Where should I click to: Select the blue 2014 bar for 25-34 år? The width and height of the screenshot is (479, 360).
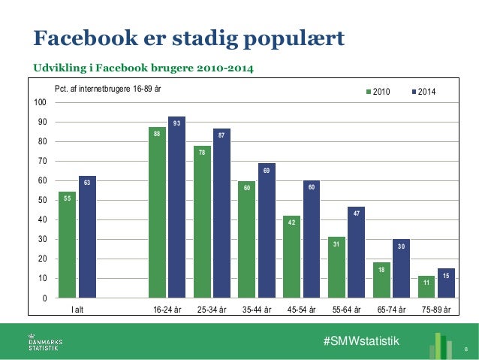click(221, 213)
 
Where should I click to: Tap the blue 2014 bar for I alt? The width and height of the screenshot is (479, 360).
click(87, 237)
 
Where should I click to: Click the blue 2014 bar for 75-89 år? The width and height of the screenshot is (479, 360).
click(446, 283)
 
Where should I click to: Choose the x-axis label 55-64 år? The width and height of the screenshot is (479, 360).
click(346, 309)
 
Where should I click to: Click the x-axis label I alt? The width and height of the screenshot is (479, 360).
click(77, 309)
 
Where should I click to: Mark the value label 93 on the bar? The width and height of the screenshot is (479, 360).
click(176, 123)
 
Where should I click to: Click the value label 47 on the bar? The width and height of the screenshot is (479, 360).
click(356, 213)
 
